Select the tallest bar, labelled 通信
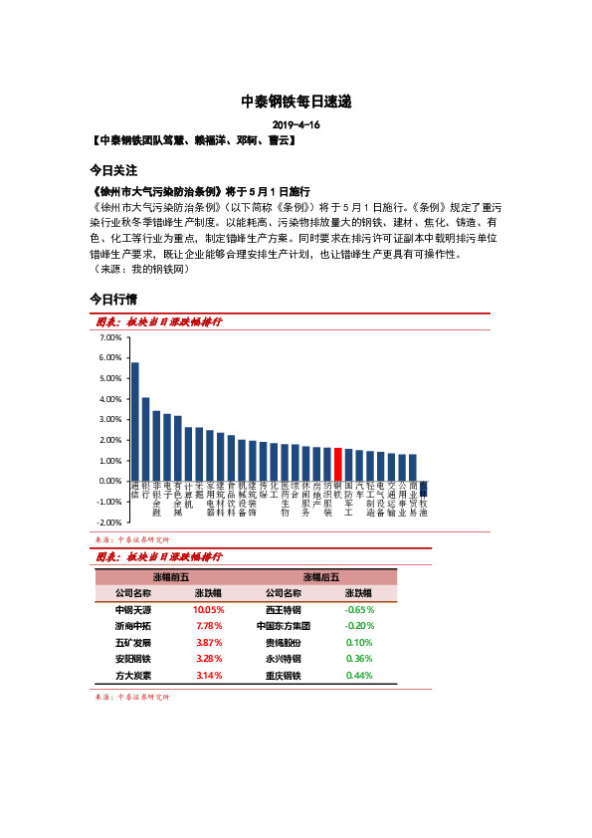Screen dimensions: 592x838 135,421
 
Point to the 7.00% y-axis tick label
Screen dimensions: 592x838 110,337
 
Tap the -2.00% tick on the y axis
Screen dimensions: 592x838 110,522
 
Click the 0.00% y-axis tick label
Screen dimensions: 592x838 110,481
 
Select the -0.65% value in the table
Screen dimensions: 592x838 359,609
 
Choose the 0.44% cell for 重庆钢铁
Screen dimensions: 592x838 359,676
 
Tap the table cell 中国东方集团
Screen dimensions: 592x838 284,626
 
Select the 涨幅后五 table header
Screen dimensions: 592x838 320,576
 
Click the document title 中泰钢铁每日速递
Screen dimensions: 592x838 296,102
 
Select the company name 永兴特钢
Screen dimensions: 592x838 284,659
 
